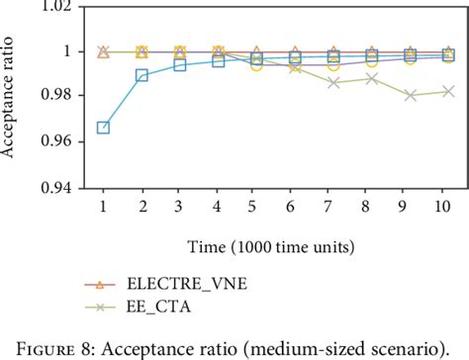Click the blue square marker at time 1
click(x=103, y=128)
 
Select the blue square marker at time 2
click(x=141, y=75)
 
